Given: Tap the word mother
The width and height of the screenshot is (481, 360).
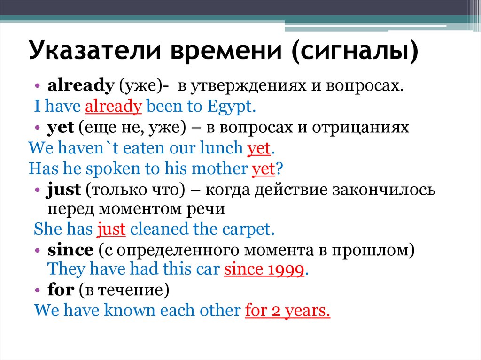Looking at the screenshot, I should click(220, 169).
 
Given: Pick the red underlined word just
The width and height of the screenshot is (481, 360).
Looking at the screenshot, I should click(111, 230).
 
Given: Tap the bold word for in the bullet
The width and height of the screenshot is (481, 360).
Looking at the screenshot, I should click(61, 290).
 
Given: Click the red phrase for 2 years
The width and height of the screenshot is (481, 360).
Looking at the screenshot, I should click(287, 311).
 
